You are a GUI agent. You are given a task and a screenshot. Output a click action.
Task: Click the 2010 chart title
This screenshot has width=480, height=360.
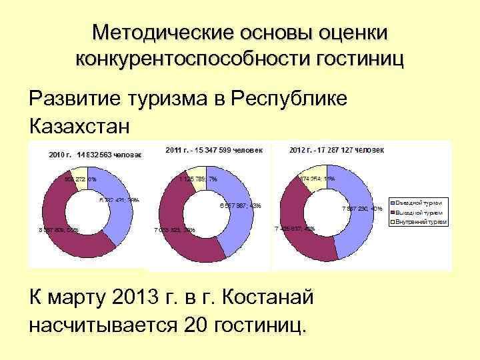[x=93, y=155]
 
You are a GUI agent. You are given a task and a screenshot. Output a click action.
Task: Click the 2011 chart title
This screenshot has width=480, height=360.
[x=214, y=149]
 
